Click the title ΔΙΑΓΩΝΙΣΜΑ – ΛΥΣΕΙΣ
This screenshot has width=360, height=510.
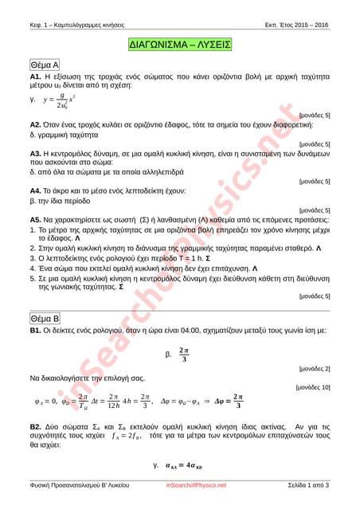point(180,44)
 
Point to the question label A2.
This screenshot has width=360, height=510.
point(36,125)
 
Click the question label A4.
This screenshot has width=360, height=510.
point(36,191)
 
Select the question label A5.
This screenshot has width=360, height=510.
point(36,219)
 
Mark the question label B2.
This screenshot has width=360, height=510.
point(36,427)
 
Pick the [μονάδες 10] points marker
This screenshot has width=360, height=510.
point(312,386)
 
